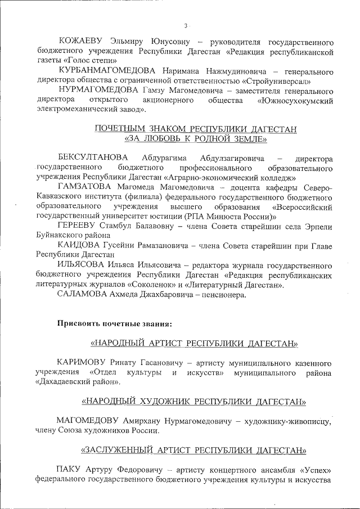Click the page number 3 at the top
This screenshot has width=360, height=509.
(185, 26)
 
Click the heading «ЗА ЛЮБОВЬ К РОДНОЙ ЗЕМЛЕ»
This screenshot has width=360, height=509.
(195, 138)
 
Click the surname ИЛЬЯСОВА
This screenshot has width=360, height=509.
(84, 265)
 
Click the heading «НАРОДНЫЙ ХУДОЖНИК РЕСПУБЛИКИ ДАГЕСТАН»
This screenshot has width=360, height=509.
(195, 402)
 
